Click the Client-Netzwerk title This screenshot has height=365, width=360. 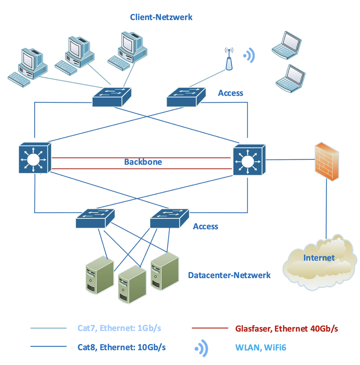[x=161, y=17]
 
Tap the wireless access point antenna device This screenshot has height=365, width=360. [x=229, y=60]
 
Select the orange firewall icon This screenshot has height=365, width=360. [x=327, y=161]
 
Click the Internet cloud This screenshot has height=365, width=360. [x=319, y=263]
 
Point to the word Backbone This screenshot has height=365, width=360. [x=143, y=162]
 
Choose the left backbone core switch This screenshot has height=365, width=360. [x=34, y=158]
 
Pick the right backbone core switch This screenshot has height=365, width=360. [x=249, y=160]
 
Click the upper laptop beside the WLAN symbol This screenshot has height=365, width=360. [x=287, y=45]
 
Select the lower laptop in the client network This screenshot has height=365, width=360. [x=290, y=78]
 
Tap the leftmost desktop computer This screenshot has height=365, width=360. [x=29, y=67]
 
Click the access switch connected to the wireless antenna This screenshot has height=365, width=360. [x=186, y=97]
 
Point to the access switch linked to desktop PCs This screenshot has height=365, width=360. [x=111, y=97]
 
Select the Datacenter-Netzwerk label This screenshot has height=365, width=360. [x=229, y=275]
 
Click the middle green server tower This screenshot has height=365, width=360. [x=132, y=285]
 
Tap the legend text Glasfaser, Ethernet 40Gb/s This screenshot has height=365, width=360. [x=287, y=329]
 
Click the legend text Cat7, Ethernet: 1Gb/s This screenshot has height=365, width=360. [x=119, y=328]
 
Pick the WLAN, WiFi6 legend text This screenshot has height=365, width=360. [x=261, y=348]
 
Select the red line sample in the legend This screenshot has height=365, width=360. [x=210, y=328]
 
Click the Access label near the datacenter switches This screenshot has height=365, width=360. [x=206, y=226]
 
